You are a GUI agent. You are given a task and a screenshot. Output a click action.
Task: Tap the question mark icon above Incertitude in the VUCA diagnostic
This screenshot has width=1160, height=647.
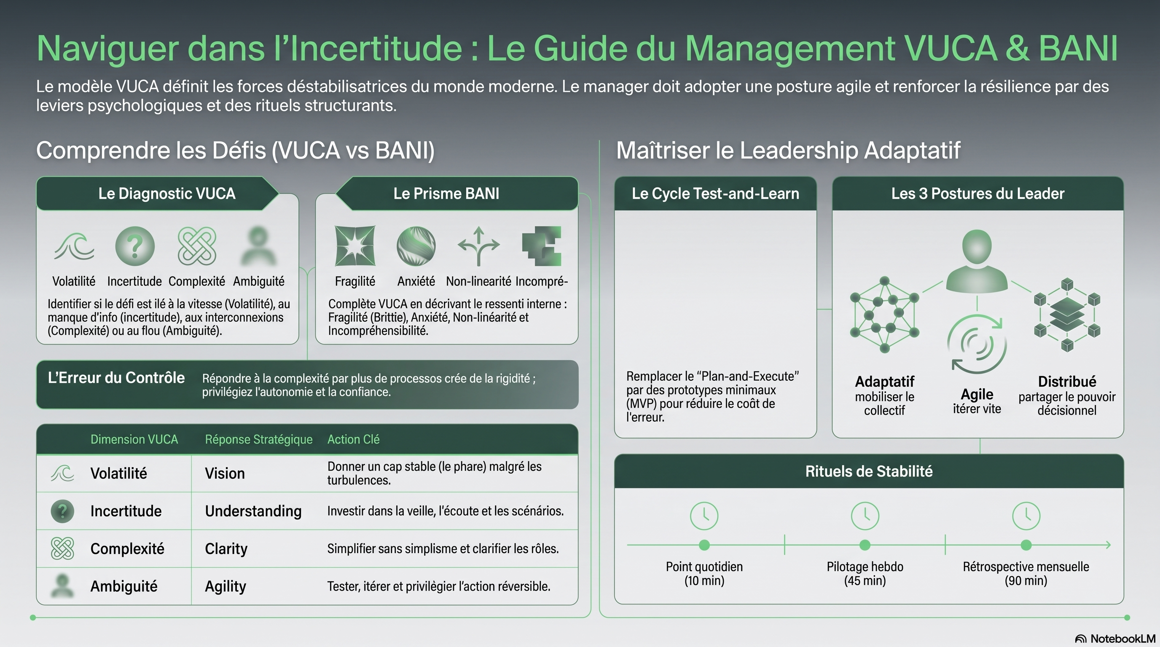[134, 246]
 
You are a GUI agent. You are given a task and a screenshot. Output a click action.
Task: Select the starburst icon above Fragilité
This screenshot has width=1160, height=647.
[355, 246]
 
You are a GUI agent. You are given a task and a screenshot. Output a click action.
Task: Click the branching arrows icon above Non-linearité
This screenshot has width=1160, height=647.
[479, 246]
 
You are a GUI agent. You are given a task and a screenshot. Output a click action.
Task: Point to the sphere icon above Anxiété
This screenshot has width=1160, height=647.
[416, 246]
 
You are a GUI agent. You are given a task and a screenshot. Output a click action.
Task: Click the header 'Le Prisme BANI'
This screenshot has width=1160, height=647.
[446, 193]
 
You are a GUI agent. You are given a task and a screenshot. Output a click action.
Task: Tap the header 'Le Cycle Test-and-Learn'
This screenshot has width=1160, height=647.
[715, 193]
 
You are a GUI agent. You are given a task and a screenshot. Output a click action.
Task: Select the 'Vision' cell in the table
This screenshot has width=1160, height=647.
[225, 473]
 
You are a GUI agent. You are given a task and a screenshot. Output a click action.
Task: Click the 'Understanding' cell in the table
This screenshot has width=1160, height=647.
[253, 511]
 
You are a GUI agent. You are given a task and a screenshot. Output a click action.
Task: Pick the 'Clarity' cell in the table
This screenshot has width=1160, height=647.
[226, 549]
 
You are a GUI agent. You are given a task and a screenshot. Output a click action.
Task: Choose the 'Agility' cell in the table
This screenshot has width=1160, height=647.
[226, 586]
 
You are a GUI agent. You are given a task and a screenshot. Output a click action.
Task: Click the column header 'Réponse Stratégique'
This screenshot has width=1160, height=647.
[258, 439]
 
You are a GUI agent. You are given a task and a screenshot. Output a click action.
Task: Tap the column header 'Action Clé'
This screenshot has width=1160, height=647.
[354, 439]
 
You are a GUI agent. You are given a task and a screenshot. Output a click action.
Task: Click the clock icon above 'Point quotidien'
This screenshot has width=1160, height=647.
[704, 516]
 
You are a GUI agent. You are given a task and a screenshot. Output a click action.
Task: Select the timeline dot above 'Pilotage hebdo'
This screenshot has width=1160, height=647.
[865, 545]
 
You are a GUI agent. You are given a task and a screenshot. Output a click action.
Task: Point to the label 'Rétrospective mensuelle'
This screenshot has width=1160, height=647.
[1026, 567]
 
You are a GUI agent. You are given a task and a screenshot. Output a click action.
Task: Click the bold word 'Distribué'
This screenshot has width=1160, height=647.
[1067, 382]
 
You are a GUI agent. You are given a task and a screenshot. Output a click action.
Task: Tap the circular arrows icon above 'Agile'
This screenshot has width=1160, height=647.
[977, 345]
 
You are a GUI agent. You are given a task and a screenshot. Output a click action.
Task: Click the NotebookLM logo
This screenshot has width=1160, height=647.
[1115, 639]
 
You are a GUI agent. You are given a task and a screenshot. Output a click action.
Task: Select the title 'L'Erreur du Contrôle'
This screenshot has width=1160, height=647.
[116, 378]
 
